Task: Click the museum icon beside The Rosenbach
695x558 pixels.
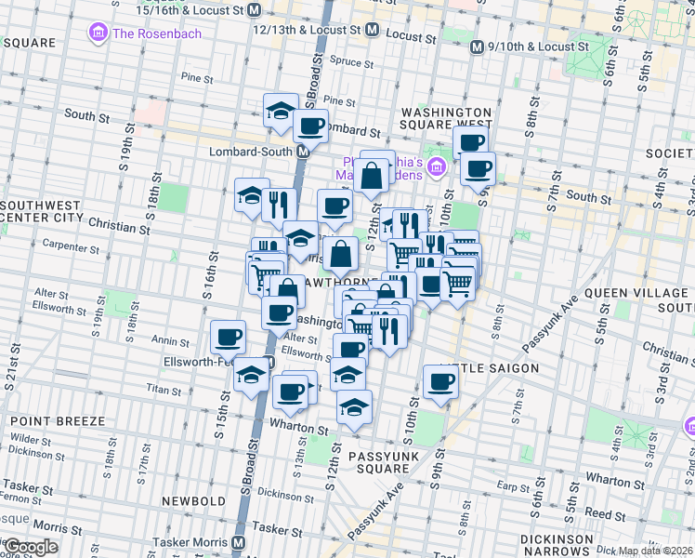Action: tap(97, 34)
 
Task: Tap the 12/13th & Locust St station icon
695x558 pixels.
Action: tap(372, 30)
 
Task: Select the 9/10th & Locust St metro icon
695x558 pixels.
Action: tap(477, 46)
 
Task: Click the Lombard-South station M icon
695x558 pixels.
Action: tap(303, 152)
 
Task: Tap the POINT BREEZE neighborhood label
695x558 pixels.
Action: tap(58, 421)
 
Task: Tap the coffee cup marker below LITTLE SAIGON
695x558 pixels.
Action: tap(440, 380)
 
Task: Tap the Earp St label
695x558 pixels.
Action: tap(512, 485)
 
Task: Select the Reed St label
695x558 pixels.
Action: tap(598, 512)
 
